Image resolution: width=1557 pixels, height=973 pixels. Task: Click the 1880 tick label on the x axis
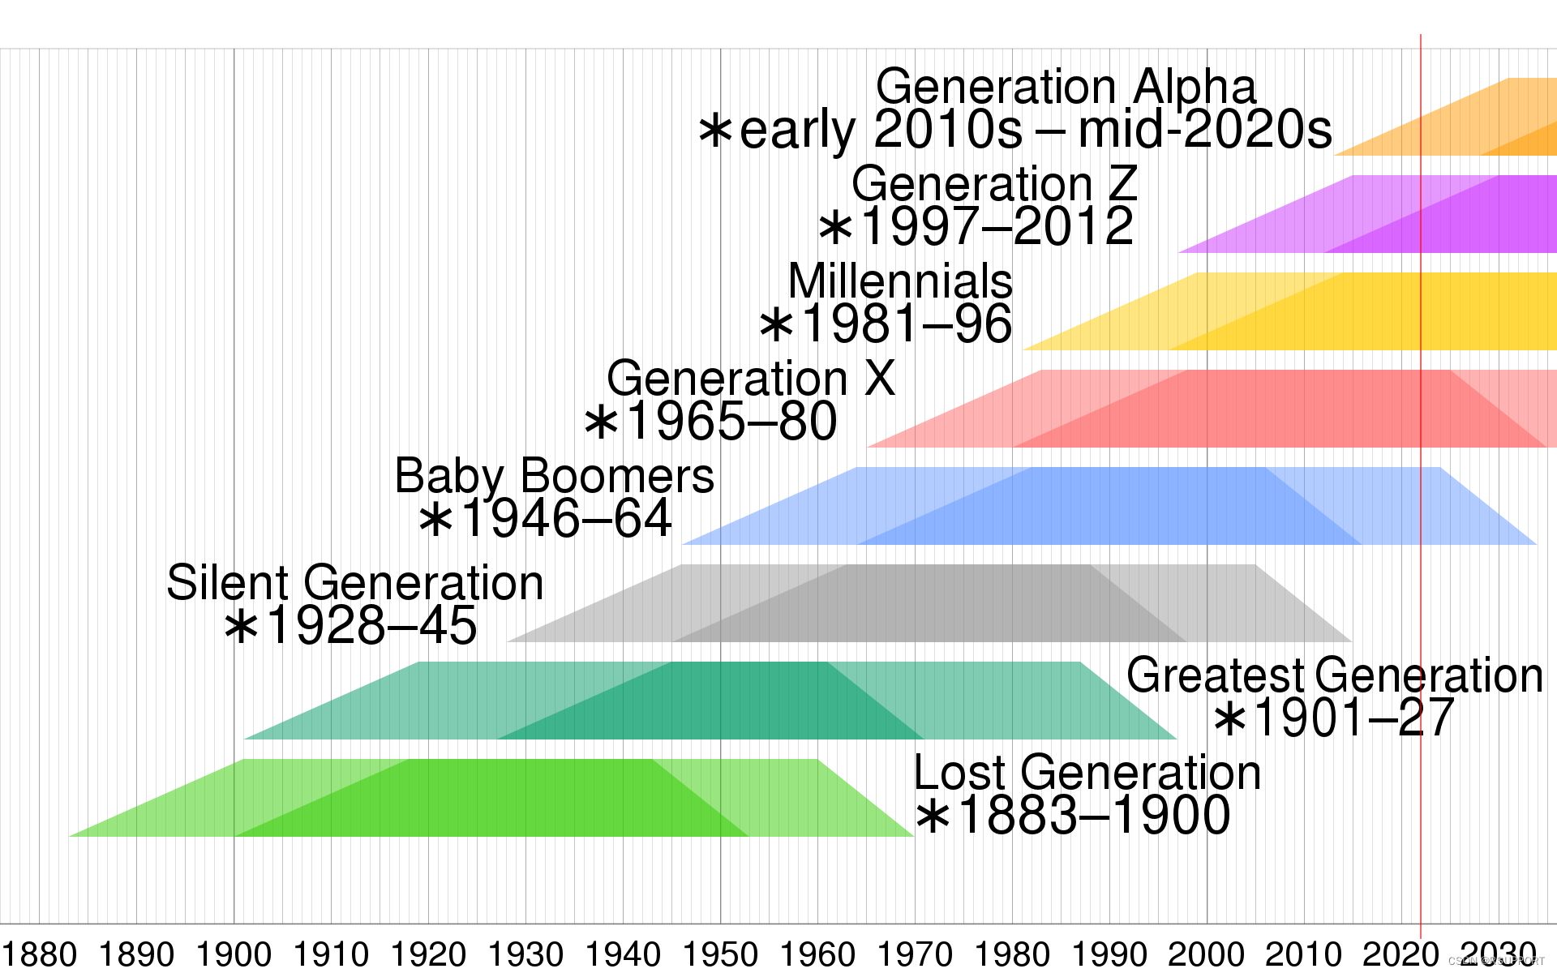tap(39, 954)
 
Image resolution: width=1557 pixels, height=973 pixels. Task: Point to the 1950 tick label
tap(720, 954)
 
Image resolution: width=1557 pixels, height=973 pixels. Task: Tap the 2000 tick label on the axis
tap(1207, 954)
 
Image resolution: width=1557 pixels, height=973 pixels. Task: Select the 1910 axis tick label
tap(331, 954)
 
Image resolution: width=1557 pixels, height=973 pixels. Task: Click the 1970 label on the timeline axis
tap(915, 954)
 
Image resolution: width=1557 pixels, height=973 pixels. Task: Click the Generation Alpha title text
tap(1066, 87)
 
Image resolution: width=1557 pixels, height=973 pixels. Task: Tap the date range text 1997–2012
tap(996, 226)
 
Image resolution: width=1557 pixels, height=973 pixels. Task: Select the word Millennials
tap(900, 281)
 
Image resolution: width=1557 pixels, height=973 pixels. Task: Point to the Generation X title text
tap(750, 379)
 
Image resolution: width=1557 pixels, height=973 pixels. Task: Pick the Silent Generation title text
tap(355, 583)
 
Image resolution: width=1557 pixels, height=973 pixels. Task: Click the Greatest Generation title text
tap(1334, 675)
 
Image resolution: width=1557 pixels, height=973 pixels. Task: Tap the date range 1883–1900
tap(1093, 816)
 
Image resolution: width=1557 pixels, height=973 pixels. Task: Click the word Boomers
tap(617, 476)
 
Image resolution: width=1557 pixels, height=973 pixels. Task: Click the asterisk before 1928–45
tap(241, 627)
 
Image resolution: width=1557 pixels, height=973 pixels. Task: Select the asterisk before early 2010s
tap(715, 130)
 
